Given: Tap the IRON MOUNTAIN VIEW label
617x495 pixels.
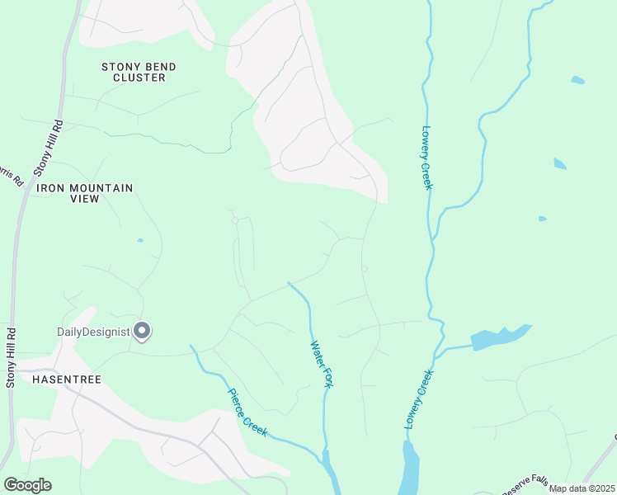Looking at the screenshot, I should [84, 194].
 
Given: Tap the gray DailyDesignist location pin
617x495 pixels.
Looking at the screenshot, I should [142, 331].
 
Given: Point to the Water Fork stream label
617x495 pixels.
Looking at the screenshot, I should [321, 365].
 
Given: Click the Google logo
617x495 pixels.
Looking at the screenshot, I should [27, 485].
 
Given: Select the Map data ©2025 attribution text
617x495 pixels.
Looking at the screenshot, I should [581, 488].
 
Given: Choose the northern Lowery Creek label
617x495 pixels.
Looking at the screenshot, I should [426, 157].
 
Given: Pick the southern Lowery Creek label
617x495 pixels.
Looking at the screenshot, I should [419, 398].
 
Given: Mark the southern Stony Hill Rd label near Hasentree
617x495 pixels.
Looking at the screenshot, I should [11, 357].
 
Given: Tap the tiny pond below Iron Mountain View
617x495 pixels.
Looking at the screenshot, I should [140, 240].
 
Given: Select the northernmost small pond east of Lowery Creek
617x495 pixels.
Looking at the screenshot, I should [577, 80].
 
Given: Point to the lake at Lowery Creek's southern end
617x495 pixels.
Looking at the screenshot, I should [409, 470].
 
